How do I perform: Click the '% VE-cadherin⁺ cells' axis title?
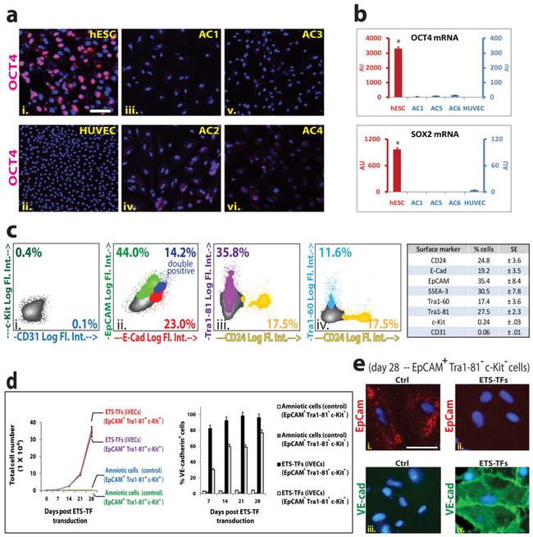tap(184, 445)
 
